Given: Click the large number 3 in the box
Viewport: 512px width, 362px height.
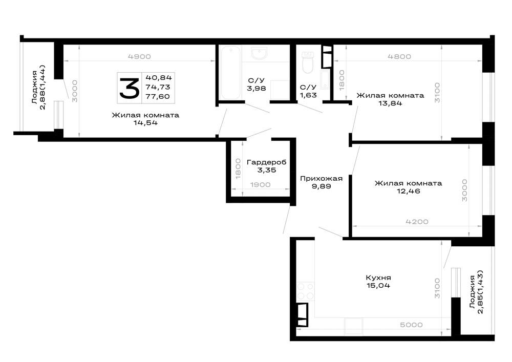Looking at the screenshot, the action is click(x=130, y=88).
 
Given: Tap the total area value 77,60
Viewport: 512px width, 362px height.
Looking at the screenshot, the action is click(x=158, y=96).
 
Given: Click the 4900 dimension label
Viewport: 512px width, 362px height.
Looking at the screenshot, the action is click(x=139, y=56).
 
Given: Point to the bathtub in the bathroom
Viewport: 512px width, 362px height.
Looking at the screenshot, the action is click(x=230, y=73).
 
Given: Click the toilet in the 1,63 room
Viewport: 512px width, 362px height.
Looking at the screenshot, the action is click(x=307, y=62).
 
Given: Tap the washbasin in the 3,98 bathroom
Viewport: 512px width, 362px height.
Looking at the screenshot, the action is click(x=259, y=53).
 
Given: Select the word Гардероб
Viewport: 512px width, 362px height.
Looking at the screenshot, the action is click(x=266, y=162).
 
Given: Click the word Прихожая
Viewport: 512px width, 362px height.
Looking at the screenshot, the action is click(x=322, y=179).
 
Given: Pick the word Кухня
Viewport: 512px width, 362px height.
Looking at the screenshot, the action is click(x=378, y=278).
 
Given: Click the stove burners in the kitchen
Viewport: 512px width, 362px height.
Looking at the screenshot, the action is click(x=305, y=291).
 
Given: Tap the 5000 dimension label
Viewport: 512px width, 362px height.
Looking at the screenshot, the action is click(x=411, y=325).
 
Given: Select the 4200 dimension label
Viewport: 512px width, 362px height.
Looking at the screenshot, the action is click(x=417, y=222).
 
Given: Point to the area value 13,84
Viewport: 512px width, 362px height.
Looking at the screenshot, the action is click(x=390, y=103).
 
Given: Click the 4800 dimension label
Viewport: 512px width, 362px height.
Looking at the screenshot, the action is click(x=399, y=56).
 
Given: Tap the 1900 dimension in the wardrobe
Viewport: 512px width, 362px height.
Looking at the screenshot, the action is click(x=260, y=185).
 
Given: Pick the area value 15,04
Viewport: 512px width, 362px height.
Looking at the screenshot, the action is click(x=378, y=286).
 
